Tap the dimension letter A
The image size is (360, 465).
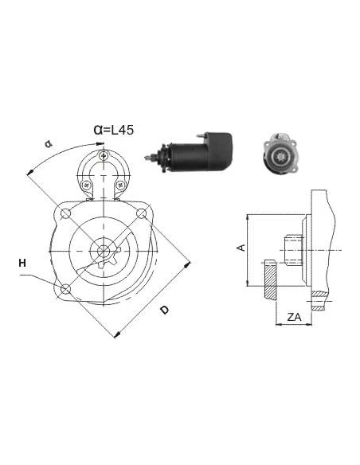(240, 248)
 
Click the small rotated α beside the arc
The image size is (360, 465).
(48, 144)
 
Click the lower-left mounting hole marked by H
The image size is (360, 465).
(66, 287)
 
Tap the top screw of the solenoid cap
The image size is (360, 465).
(103, 154)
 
